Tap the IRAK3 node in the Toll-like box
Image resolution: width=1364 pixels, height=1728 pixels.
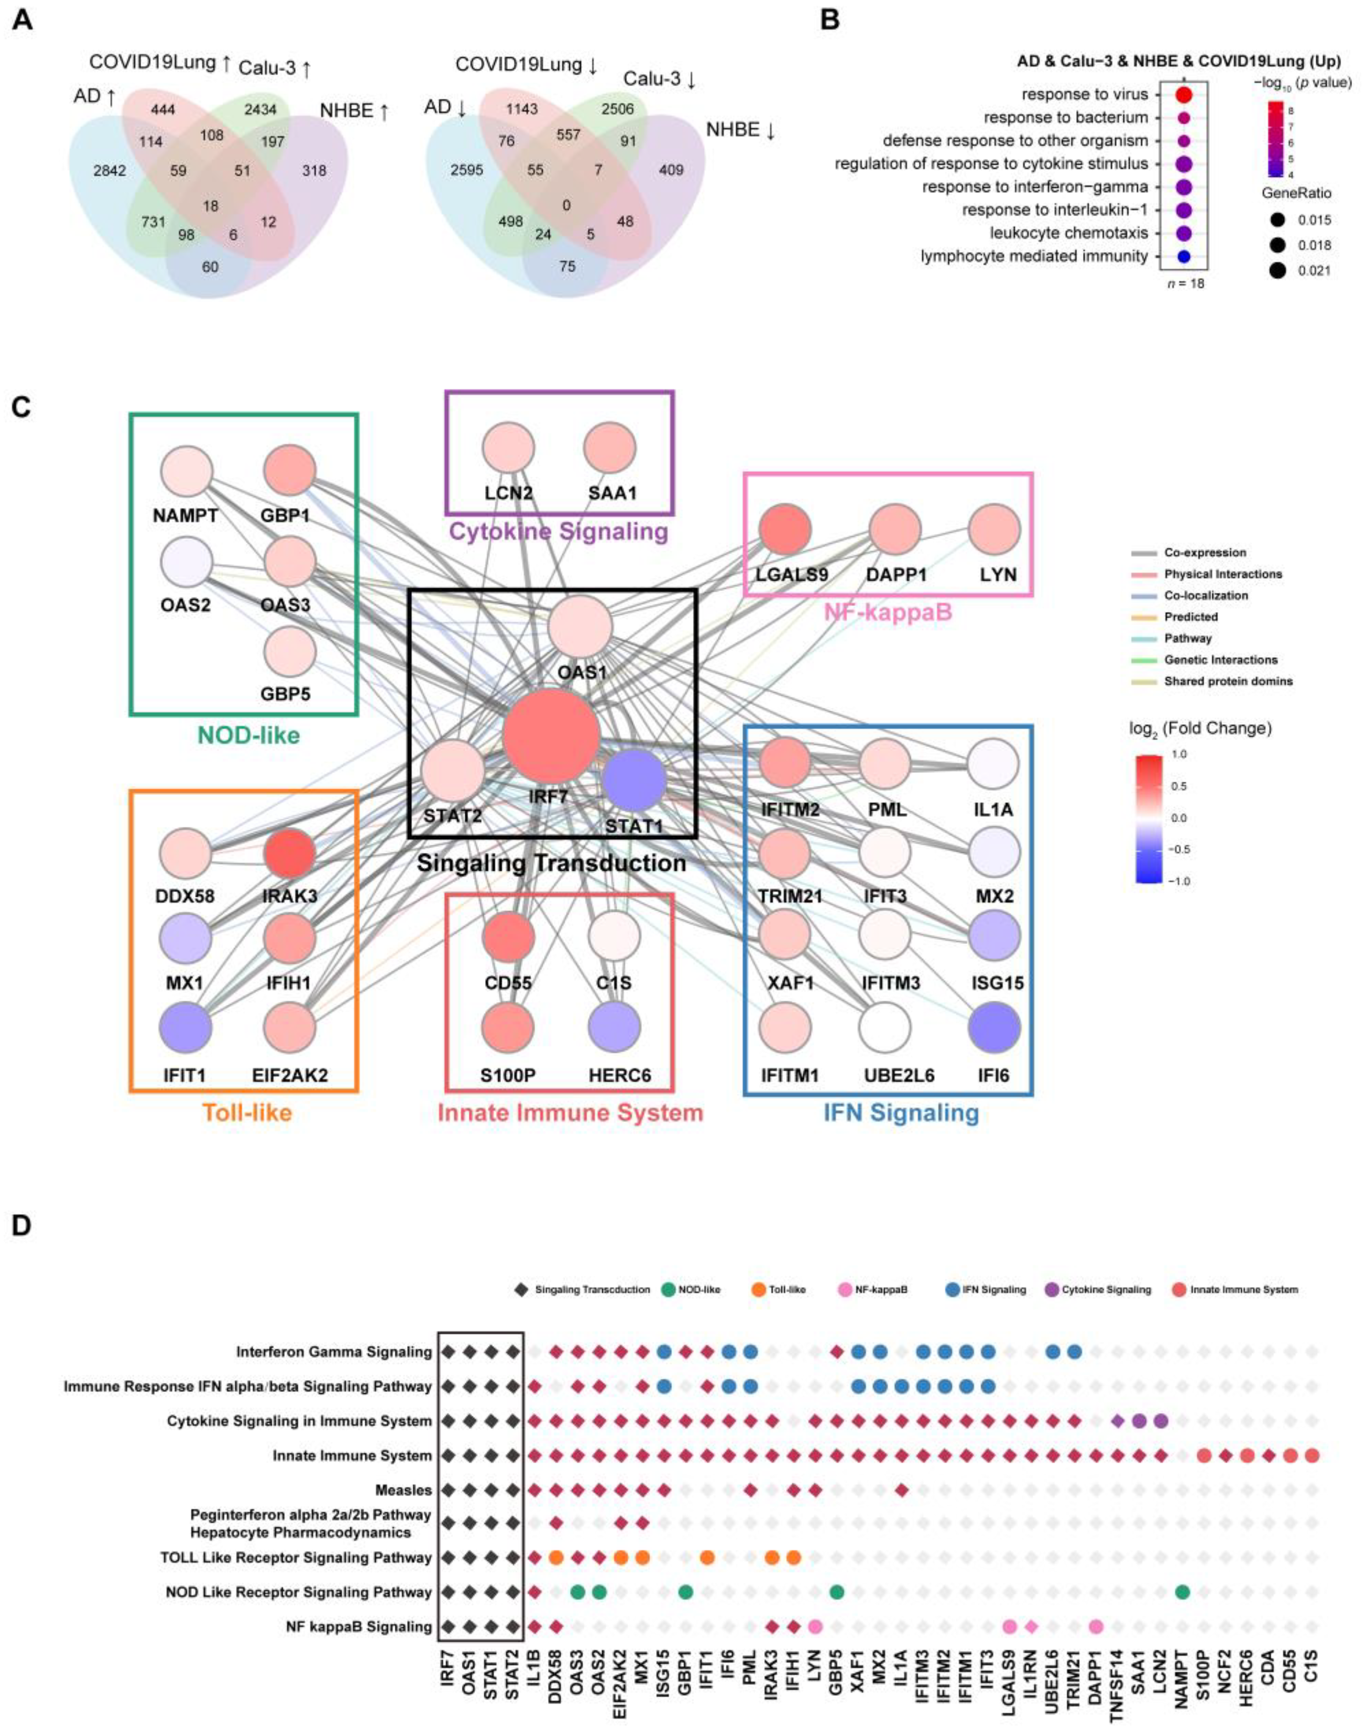pyautogui.click(x=289, y=853)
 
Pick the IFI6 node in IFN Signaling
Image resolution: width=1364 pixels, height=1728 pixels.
pyautogui.click(x=993, y=1027)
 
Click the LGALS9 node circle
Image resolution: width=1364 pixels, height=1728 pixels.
pyautogui.click(x=785, y=529)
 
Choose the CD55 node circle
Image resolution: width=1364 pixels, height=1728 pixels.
pyautogui.click(x=508, y=935)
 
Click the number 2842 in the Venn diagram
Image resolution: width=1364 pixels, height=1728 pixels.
pyautogui.click(x=109, y=170)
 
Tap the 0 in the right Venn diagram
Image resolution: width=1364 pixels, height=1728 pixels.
pyautogui.click(x=566, y=205)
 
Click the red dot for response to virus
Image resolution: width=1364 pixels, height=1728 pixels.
pyautogui.click(x=1183, y=95)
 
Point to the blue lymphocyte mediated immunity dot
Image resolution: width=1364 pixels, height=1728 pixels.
pyautogui.click(x=1183, y=256)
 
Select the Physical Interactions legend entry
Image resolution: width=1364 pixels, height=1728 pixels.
pyautogui.click(x=1222, y=574)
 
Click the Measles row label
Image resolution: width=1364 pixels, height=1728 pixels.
pyautogui.click(x=403, y=1490)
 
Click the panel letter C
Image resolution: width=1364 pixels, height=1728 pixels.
pyautogui.click(x=21, y=407)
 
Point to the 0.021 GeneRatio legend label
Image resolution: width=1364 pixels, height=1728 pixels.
pyautogui.click(x=1314, y=271)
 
